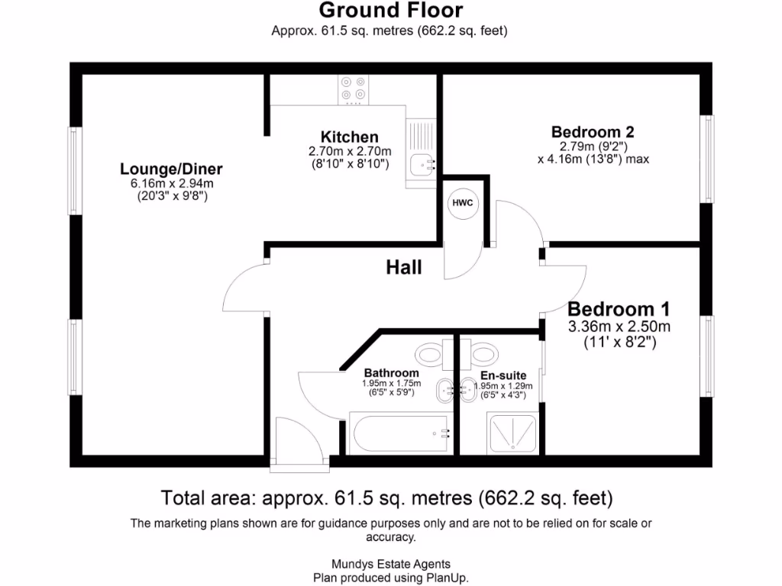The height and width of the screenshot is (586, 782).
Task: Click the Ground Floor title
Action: point(390,11)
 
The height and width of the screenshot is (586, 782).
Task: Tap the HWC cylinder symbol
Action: point(463,203)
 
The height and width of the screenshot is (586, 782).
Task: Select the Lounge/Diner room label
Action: point(171,169)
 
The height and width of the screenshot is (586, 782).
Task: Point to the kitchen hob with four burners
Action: point(353,89)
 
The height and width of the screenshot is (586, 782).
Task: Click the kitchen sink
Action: point(421,163)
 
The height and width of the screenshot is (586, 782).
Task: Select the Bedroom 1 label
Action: point(619,309)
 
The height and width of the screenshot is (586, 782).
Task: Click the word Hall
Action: point(404,267)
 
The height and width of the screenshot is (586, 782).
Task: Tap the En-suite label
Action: point(502,376)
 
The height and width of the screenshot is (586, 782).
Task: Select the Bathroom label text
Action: point(391,373)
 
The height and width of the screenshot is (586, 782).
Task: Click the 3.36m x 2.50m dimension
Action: point(619,327)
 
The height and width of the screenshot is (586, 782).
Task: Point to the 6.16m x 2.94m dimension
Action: point(171,183)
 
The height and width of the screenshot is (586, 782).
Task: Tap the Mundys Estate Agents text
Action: point(390,565)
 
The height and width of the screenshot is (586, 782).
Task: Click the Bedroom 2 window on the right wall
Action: point(708,159)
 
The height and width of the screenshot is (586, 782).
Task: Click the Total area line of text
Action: point(387,498)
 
